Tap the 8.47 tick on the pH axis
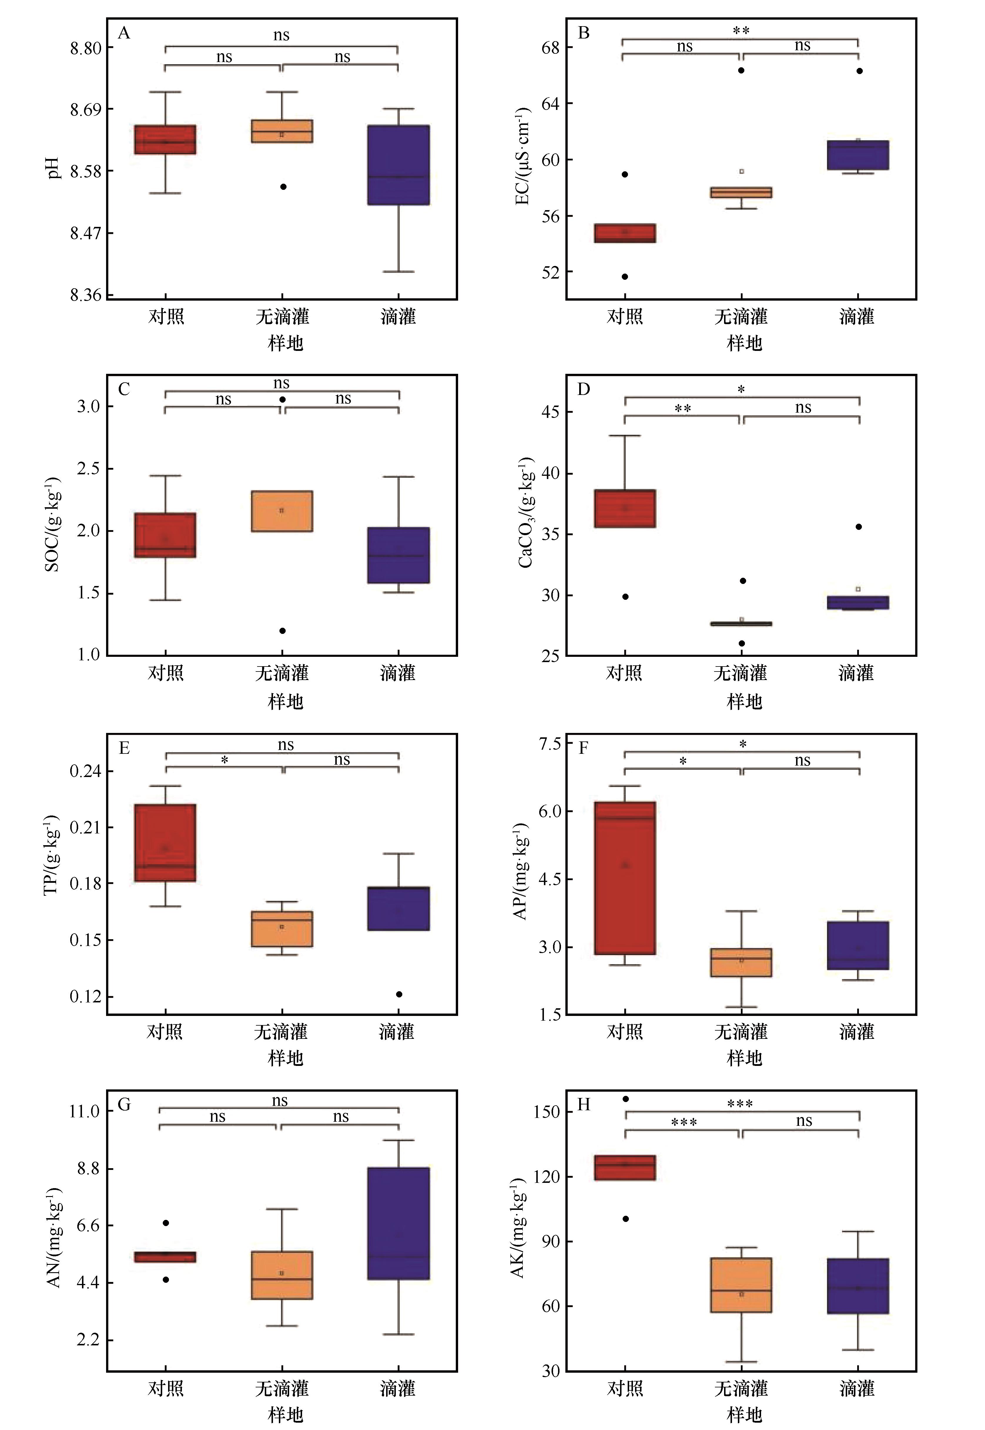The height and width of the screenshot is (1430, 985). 85,233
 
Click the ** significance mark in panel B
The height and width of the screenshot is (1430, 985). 741,31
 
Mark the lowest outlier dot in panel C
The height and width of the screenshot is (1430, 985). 282,631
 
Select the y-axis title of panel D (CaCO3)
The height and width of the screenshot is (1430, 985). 526,513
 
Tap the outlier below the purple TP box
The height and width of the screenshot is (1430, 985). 399,994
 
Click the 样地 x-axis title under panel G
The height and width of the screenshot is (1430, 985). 285,1414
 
